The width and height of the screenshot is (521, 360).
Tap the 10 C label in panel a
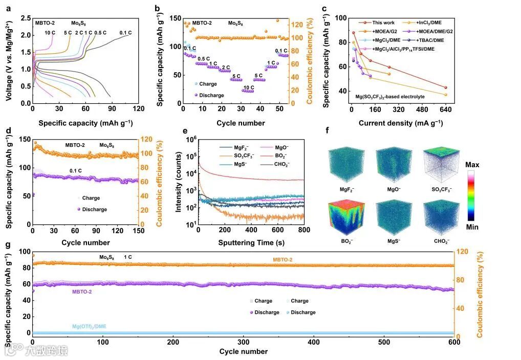50,33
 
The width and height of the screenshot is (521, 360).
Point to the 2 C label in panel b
226,67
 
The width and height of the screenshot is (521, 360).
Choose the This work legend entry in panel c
383,22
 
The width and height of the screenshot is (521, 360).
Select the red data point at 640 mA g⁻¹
445,87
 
